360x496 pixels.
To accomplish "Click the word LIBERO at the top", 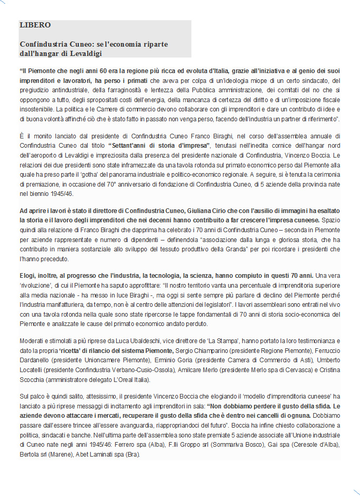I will [x=35, y=25].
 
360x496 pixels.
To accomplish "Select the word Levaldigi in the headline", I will [x=87, y=53].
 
